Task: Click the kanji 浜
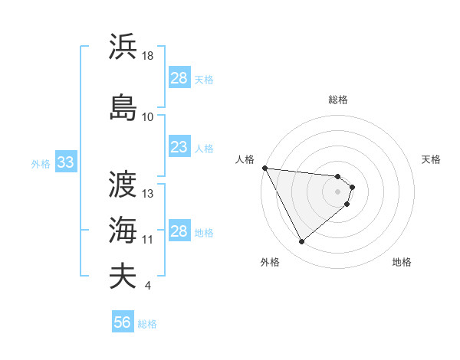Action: pyautogui.click(x=123, y=47)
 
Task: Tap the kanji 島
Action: pyautogui.click(x=123, y=106)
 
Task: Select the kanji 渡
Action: pyautogui.click(x=123, y=184)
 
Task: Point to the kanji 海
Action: pyautogui.click(x=123, y=229)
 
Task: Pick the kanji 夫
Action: pyautogui.click(x=123, y=276)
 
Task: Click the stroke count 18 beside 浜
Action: pyautogui.click(x=148, y=57)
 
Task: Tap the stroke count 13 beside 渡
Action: pyautogui.click(x=148, y=194)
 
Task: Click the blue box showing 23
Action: pyautogui.click(x=179, y=147)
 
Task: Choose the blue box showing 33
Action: pyautogui.click(x=65, y=162)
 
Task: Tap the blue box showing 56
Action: pyautogui.click(x=123, y=322)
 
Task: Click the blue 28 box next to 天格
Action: pyautogui.click(x=179, y=78)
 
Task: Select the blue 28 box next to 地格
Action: pyautogui.click(x=179, y=231)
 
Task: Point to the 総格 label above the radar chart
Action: pyautogui.click(x=338, y=100)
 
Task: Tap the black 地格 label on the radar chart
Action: pyautogui.click(x=402, y=262)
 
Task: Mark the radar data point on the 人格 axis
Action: pyautogui.click(x=264, y=168)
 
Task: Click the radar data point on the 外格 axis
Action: pyautogui.click(x=301, y=242)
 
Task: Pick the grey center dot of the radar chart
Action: pyautogui.click(x=338, y=191)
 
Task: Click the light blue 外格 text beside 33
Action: pyautogui.click(x=41, y=163)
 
